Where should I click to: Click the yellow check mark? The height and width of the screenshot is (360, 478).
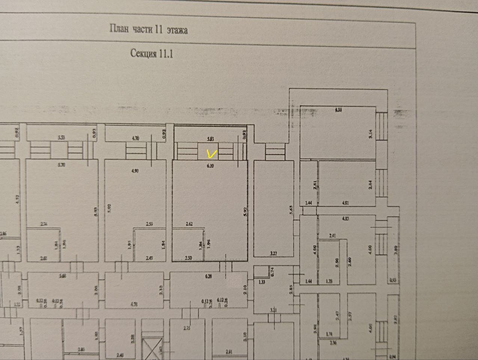[212, 153]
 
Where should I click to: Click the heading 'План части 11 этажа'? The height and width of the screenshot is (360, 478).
[149, 29]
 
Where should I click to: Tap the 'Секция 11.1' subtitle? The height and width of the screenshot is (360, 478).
[152, 53]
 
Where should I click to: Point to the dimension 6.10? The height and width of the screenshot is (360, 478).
[210, 166]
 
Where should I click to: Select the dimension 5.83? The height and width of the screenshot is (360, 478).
[211, 139]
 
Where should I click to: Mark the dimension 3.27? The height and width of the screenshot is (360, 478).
[273, 253]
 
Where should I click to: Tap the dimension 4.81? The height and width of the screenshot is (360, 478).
[345, 203]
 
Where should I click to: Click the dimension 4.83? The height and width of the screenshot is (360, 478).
[345, 218]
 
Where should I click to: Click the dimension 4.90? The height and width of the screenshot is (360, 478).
[135, 171]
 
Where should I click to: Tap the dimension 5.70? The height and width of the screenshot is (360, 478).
[62, 165]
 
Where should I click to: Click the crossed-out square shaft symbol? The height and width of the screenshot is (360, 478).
[152, 347]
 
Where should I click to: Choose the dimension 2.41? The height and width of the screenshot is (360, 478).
[333, 236]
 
